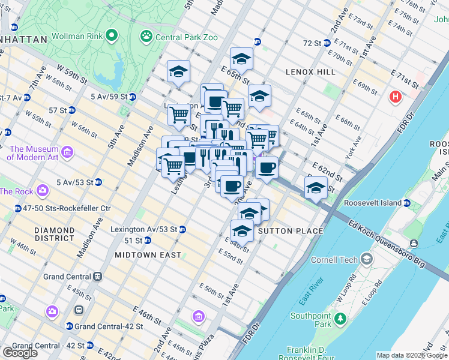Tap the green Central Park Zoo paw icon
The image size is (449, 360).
[x=146, y=36]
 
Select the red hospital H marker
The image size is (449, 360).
[x=395, y=97]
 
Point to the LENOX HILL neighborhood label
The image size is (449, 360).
[x=310, y=72]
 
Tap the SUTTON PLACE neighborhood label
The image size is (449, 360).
[x=290, y=231]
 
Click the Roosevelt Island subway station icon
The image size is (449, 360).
[x=408, y=203]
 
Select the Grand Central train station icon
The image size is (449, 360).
[x=97, y=277]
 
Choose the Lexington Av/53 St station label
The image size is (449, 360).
[x=143, y=229]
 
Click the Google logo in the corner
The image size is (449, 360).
[x=20, y=352]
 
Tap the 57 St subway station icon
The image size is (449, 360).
[x=71, y=110]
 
